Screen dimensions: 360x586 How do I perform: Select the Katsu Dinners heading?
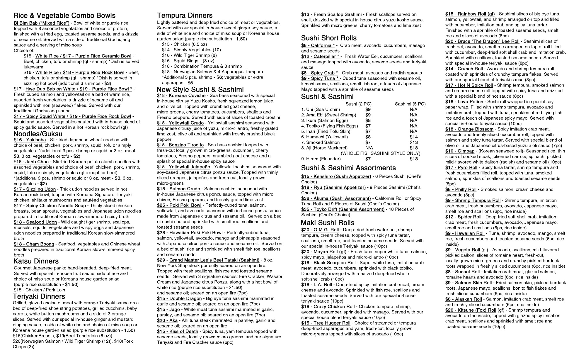36,261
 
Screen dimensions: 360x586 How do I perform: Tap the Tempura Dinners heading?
185,16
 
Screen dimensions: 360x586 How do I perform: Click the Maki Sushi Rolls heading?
328,223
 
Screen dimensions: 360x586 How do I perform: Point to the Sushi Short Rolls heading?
329,38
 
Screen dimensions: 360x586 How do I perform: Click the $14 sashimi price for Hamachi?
413,137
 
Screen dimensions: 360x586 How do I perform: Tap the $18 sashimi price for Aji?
413,148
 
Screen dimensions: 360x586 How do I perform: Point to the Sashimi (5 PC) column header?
410,104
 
